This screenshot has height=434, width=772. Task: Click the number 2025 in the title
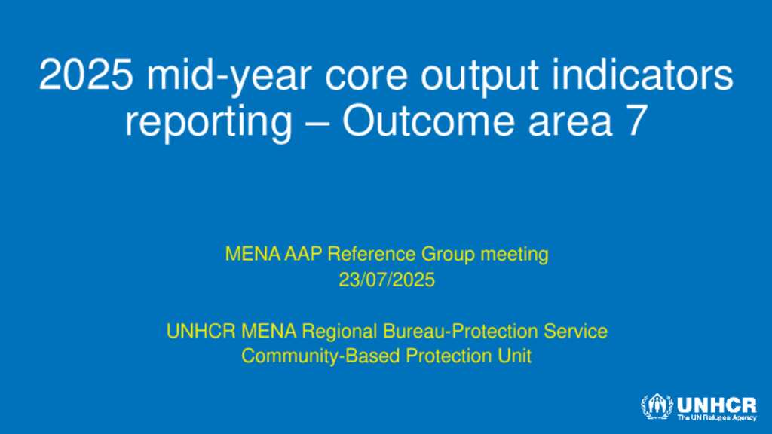tap(86, 75)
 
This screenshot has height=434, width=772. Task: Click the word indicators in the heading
tap(643, 75)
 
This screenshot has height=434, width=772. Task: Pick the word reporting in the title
tap(209, 123)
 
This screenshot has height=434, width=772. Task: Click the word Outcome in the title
tap(428, 121)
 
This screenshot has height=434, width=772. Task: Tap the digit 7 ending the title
tap(636, 121)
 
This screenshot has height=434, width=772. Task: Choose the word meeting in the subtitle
tap(514, 255)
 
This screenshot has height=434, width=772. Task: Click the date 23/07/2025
tap(387, 280)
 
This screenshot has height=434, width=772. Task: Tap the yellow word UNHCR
tap(201, 332)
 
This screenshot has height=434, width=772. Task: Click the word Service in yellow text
tap(575, 332)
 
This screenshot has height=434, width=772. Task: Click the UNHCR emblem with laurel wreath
tap(657, 407)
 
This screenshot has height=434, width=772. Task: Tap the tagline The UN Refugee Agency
tap(716, 417)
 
